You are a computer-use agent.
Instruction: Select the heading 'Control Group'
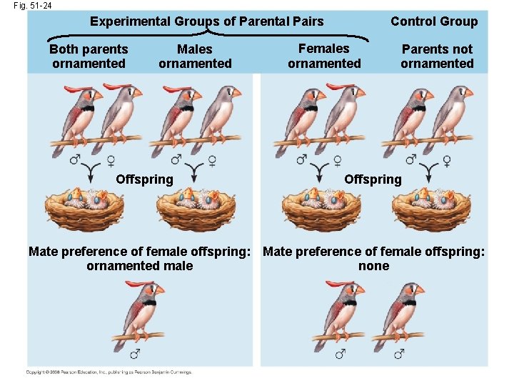coord(434,21)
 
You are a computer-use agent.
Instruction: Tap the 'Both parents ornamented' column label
coord(89,56)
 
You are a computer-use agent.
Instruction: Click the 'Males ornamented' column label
coord(195,56)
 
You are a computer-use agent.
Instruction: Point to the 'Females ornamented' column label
coord(324,56)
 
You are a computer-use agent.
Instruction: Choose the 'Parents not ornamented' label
coord(437,56)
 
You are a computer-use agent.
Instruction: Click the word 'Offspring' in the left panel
coord(144,179)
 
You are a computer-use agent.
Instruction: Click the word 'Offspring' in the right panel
coord(373,179)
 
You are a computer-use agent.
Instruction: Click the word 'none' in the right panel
coord(373,267)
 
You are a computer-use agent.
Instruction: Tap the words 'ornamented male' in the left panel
coord(139,267)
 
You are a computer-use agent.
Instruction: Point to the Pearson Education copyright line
coord(109,372)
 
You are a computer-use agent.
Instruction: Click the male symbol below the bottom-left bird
coord(136,354)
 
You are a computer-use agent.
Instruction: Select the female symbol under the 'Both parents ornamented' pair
coord(111,160)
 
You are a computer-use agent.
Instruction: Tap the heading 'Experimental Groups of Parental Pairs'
coord(206,21)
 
